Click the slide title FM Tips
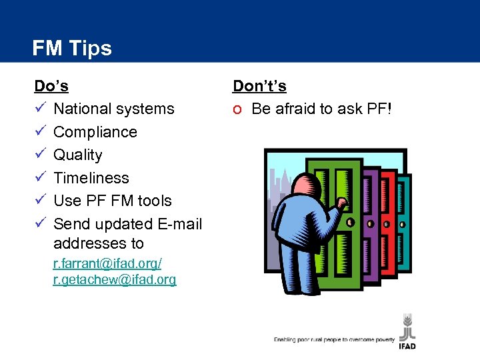pos(72,48)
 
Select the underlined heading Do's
pos(51,86)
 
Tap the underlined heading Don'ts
pos(259,86)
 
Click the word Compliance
pos(95,132)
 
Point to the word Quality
pos(77,155)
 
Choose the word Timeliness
pos(91,178)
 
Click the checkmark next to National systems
pos(40,109)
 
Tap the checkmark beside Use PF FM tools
pos(40,201)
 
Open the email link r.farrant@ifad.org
pos(107,264)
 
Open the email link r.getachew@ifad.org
pos(114,280)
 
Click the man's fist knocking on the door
pos(341,203)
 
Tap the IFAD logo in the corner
pos(407,330)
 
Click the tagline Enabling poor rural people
pos(333,340)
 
